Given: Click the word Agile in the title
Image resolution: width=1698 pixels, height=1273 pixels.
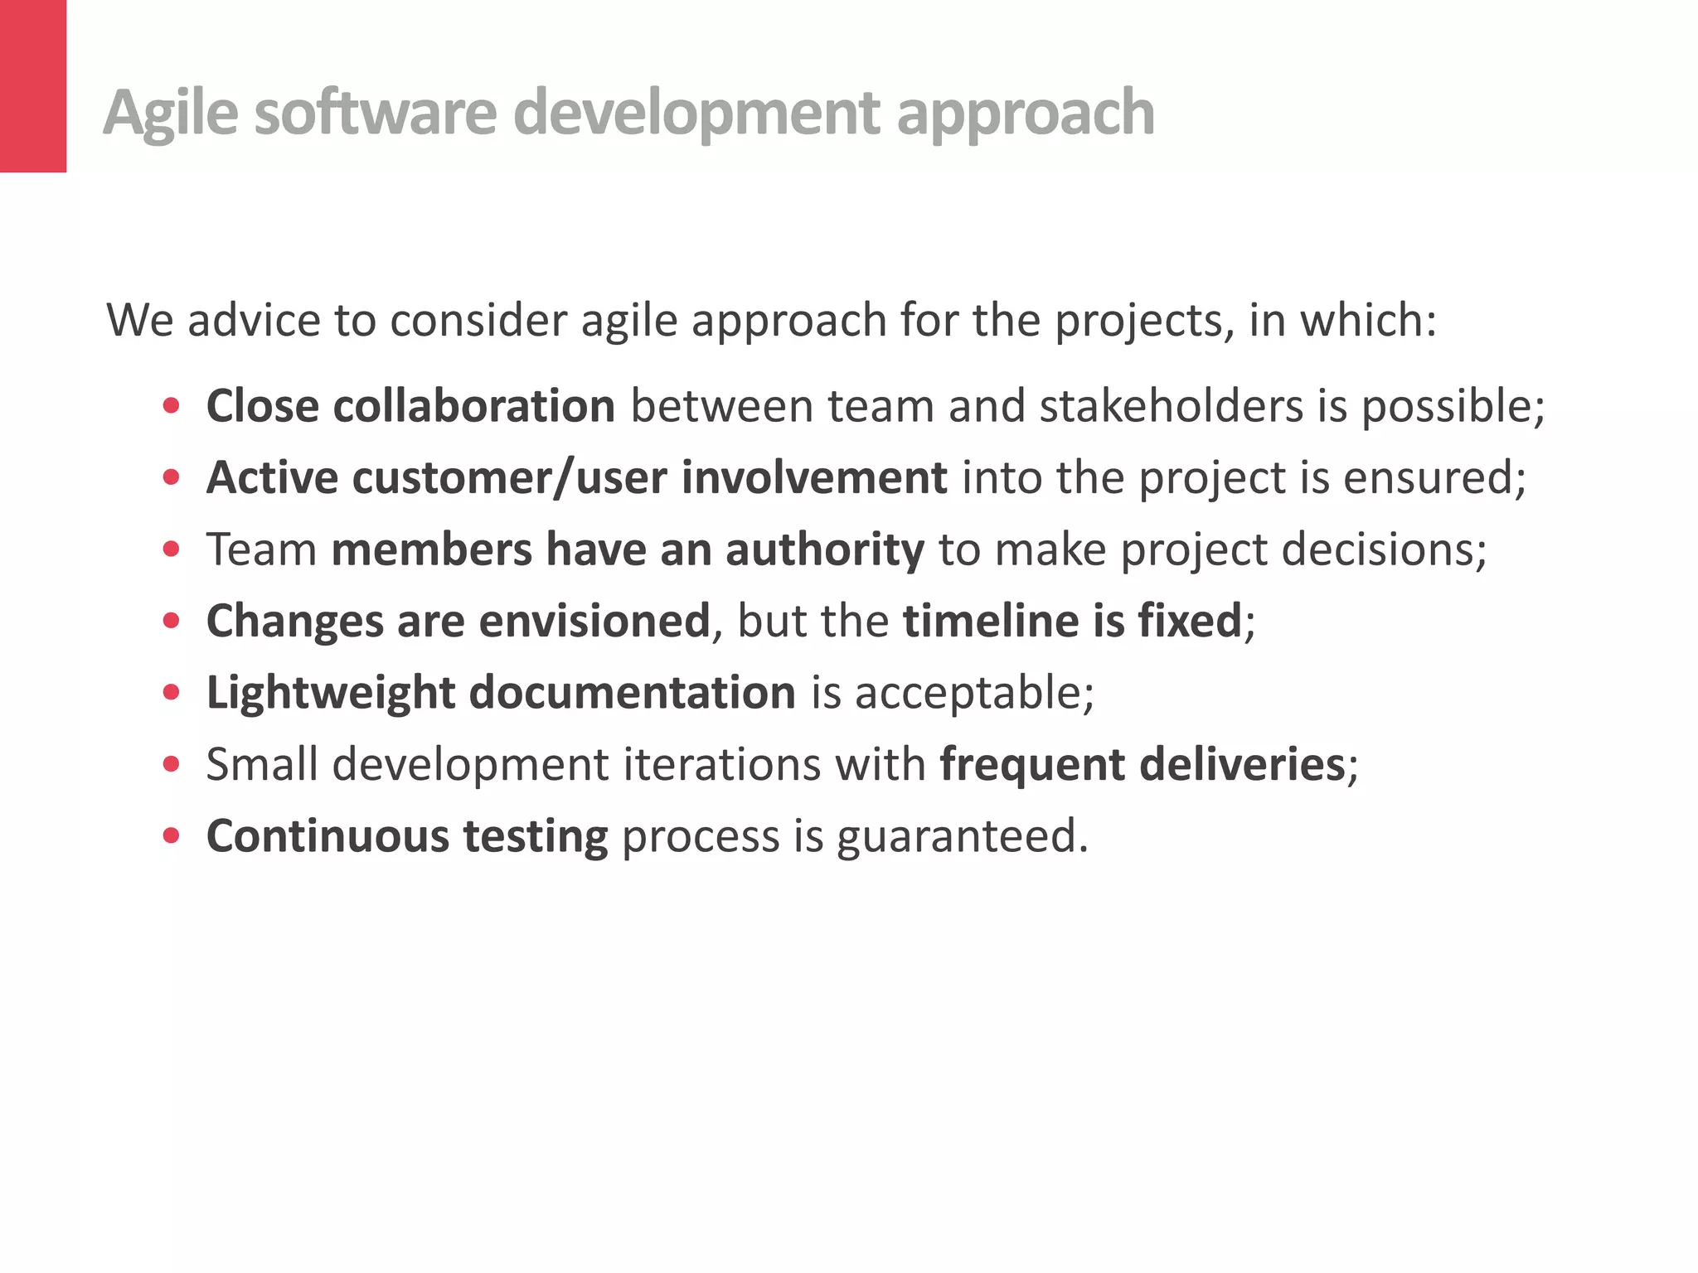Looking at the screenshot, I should (x=171, y=113).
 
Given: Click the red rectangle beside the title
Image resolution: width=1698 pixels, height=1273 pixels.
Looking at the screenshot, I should (x=32, y=85).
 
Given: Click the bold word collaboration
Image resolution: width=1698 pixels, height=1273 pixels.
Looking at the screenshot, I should (x=473, y=406).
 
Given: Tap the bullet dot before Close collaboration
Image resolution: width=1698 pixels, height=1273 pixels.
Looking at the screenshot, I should (x=172, y=406).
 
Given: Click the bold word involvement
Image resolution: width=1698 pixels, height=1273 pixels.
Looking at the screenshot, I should (x=813, y=478).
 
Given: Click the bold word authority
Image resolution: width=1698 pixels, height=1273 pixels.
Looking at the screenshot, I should (x=824, y=550).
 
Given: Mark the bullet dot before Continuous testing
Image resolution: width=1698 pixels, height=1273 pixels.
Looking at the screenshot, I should (x=172, y=835).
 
